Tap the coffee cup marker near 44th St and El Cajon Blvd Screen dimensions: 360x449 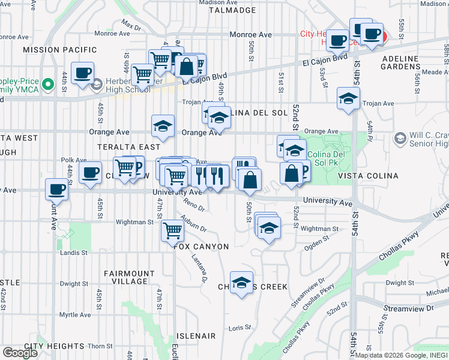82,73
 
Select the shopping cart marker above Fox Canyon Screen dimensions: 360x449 172,230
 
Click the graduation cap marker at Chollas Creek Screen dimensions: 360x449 242,283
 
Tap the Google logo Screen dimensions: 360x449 20,353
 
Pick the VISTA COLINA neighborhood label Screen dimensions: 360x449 368,176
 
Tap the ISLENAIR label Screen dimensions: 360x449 196,336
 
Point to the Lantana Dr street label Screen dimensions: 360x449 200,268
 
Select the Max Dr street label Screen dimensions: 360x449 130,25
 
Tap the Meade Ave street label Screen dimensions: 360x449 436,72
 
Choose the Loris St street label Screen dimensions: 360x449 238,328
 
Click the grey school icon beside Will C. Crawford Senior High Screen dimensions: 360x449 400,139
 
